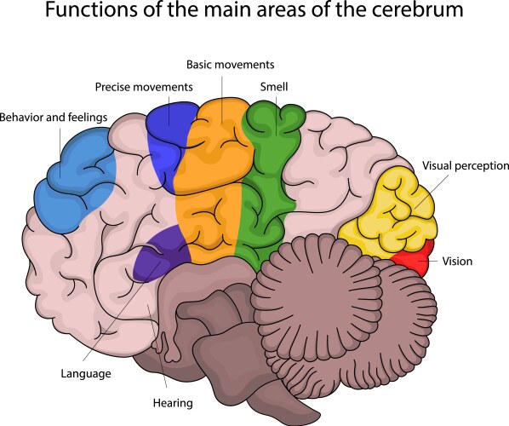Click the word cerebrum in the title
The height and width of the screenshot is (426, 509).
pyautogui.click(x=417, y=9)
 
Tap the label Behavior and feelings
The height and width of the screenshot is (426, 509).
pyautogui.click(x=54, y=117)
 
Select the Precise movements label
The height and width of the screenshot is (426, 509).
pyautogui.click(x=144, y=87)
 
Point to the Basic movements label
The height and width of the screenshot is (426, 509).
pyautogui.click(x=230, y=65)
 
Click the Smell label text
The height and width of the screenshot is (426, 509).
pyautogui.click(x=274, y=87)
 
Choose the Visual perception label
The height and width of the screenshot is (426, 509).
pyautogui.click(x=466, y=166)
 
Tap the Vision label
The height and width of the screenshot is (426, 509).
pyautogui.click(x=457, y=262)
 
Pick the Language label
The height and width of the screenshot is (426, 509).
pyautogui.click(x=86, y=374)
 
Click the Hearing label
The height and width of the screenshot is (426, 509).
pyautogui.click(x=173, y=403)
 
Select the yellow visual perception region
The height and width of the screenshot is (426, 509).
pyautogui.click(x=390, y=211)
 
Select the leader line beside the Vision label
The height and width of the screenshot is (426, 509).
pyautogui.click(x=432, y=261)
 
